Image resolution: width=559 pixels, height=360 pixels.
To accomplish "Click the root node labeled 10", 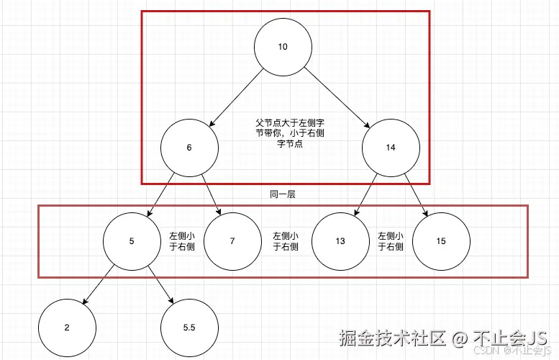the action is coord(283,47).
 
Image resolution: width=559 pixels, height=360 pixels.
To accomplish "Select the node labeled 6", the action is coord(189,148).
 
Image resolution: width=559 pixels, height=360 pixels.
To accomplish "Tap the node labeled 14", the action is coord(391,148).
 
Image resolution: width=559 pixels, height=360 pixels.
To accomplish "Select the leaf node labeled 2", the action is coord(67,328).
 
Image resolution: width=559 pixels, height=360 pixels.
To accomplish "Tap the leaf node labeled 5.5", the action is coord(189,328).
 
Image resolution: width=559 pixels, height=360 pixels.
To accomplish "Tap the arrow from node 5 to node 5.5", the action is coord(160,284).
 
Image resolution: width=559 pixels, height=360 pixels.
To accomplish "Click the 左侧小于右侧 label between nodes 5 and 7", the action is coord(182,241).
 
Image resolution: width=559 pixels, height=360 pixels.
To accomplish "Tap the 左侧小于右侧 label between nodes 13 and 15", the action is coord(391,241).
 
